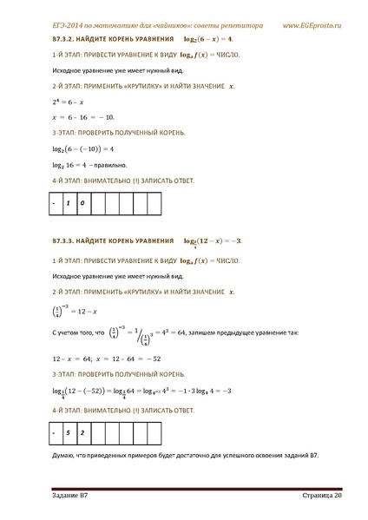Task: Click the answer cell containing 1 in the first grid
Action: tap(67, 204)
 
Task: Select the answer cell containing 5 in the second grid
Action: tap(67, 431)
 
